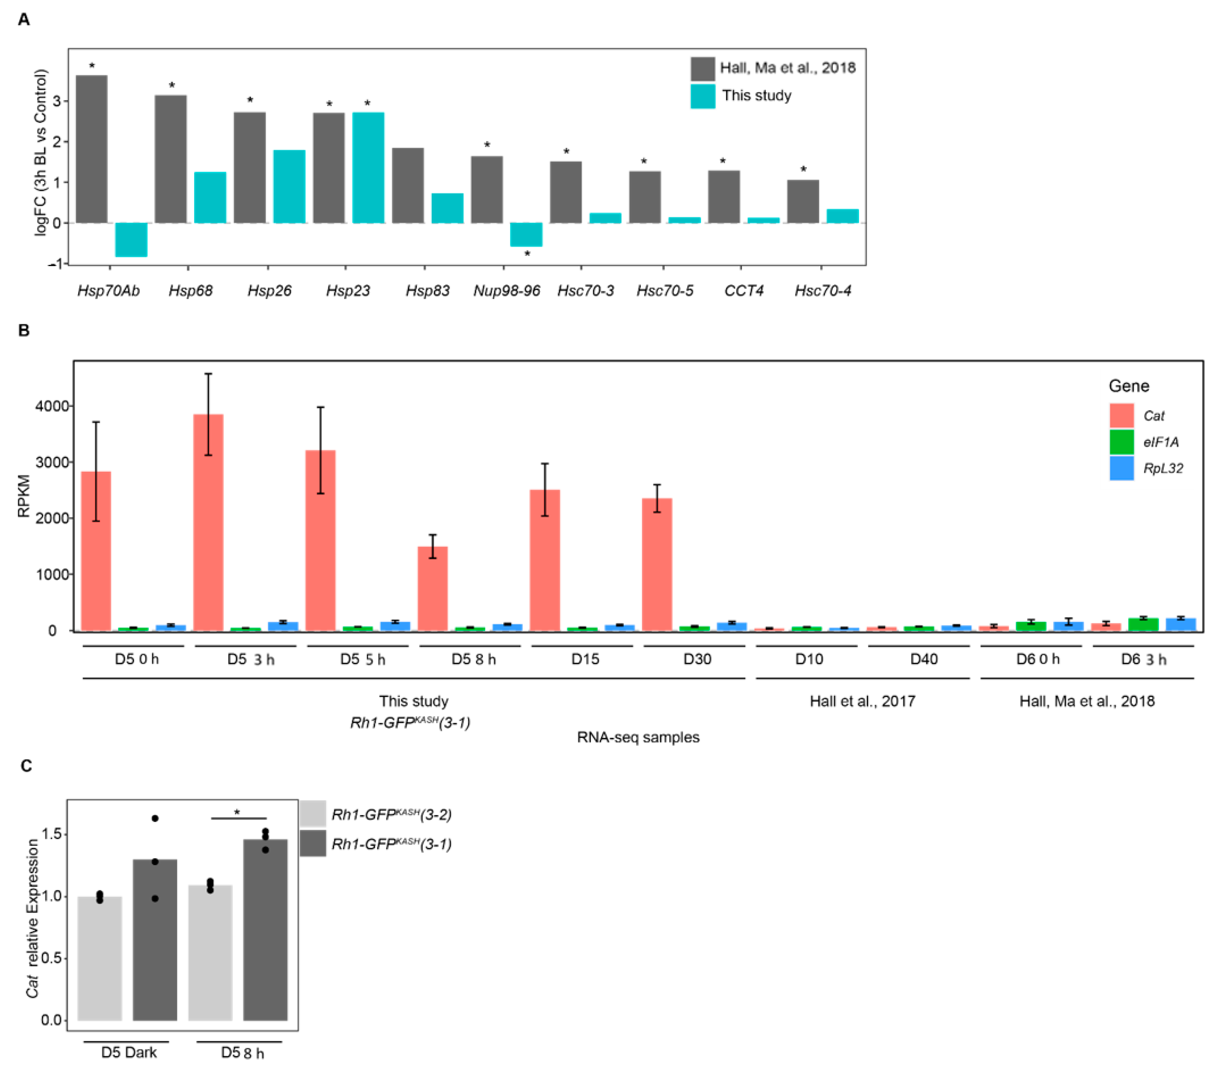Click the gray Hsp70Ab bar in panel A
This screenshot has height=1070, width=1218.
[x=92, y=149]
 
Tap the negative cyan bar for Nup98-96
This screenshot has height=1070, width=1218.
[x=526, y=234]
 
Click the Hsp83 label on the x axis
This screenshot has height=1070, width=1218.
[x=427, y=291]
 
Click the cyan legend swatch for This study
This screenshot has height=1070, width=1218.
[x=703, y=96]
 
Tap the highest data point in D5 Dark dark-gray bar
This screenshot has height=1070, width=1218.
[x=155, y=819]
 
